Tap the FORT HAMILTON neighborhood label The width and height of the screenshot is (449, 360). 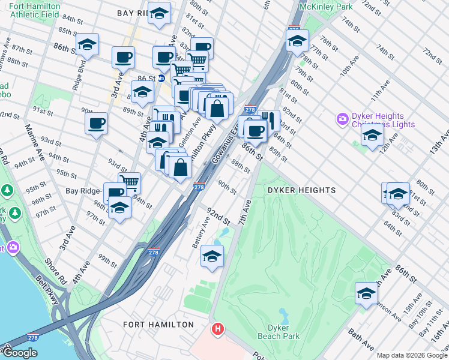158,325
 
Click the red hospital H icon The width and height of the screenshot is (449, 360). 218,329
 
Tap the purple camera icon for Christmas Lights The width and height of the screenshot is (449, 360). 343,119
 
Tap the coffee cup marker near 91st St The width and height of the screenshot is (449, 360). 96,124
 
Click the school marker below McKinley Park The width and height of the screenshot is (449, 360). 297,41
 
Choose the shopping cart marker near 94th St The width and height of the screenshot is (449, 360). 128,182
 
